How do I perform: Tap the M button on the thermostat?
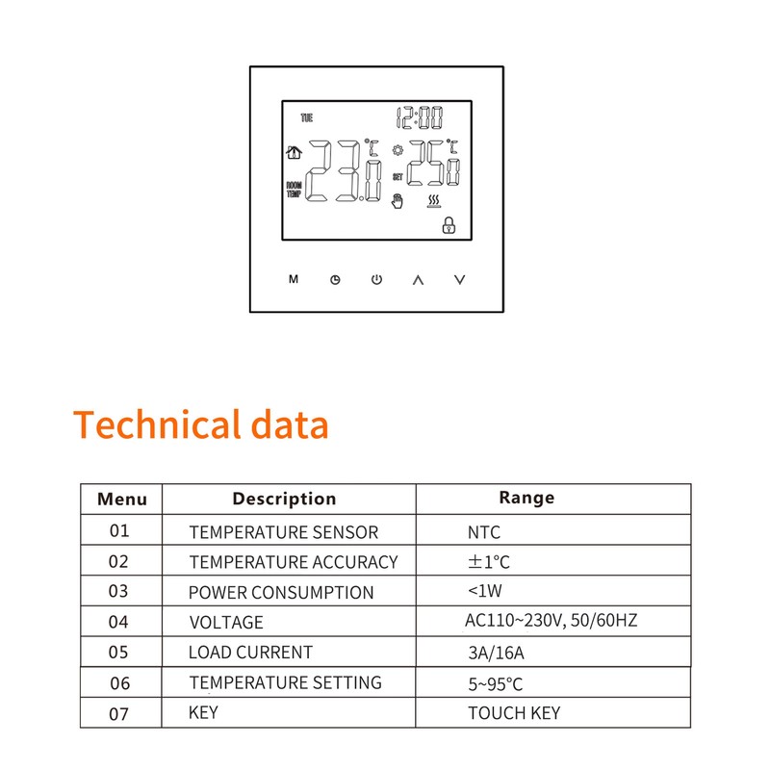[x=294, y=280]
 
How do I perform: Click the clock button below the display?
[x=335, y=280]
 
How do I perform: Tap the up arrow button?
[x=418, y=280]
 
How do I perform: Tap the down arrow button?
[x=460, y=280]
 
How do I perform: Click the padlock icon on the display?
[x=447, y=226]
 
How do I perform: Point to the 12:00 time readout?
[x=421, y=118]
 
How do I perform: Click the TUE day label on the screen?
[x=307, y=118]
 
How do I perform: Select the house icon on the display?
[x=294, y=152]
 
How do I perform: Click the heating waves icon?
[x=435, y=200]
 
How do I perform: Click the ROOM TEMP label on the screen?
[x=294, y=189]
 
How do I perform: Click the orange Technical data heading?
[x=201, y=424]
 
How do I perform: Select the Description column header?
[x=284, y=499]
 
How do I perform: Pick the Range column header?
[x=526, y=498]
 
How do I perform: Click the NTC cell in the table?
[x=484, y=532]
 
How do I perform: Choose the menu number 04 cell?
[x=118, y=622]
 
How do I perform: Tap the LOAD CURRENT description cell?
[x=250, y=653]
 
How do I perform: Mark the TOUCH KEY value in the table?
[x=514, y=713]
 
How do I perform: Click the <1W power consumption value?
[x=487, y=592]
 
